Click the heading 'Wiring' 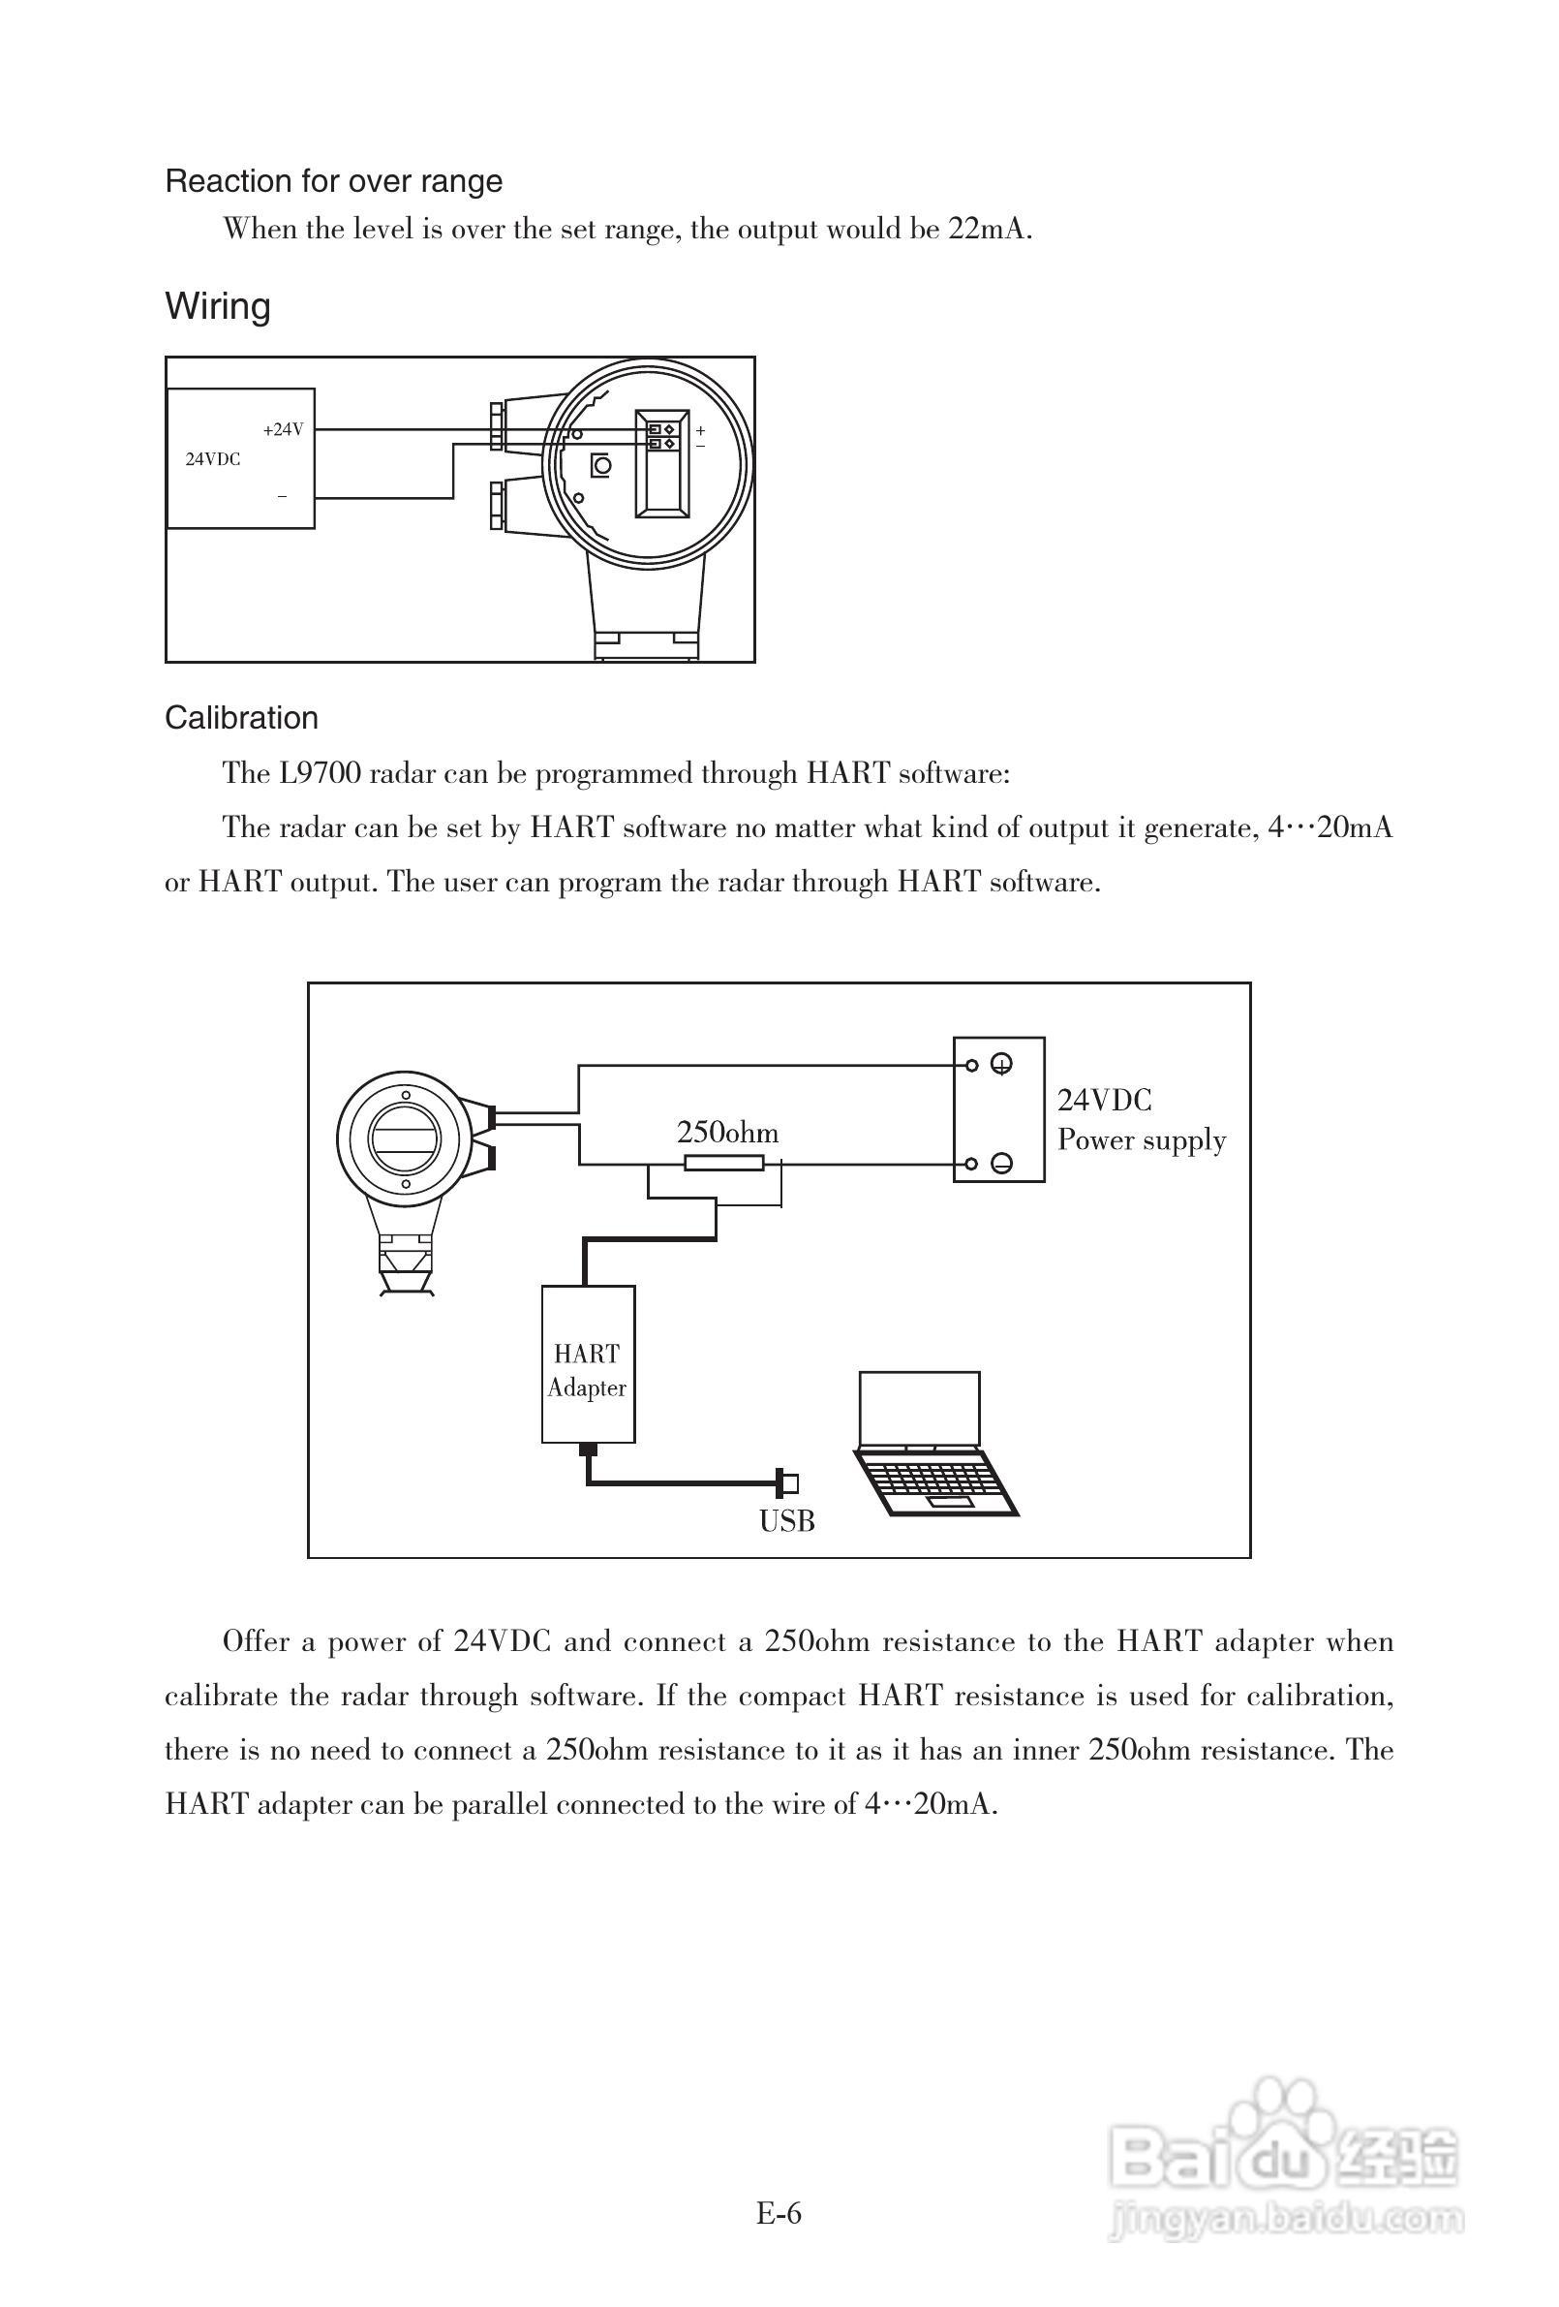point(217,306)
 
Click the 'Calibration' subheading point(241,718)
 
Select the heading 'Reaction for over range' point(333,181)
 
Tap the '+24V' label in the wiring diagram point(283,430)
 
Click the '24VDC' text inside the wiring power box point(212,459)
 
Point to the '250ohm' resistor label point(727,1133)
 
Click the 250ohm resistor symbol point(724,1164)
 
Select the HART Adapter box point(588,1364)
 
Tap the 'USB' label point(787,1521)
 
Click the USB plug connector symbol point(790,1484)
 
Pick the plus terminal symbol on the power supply point(1002,1066)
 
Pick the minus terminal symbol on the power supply point(1002,1165)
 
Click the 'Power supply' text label point(1142,1139)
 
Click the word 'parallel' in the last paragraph point(499,1804)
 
